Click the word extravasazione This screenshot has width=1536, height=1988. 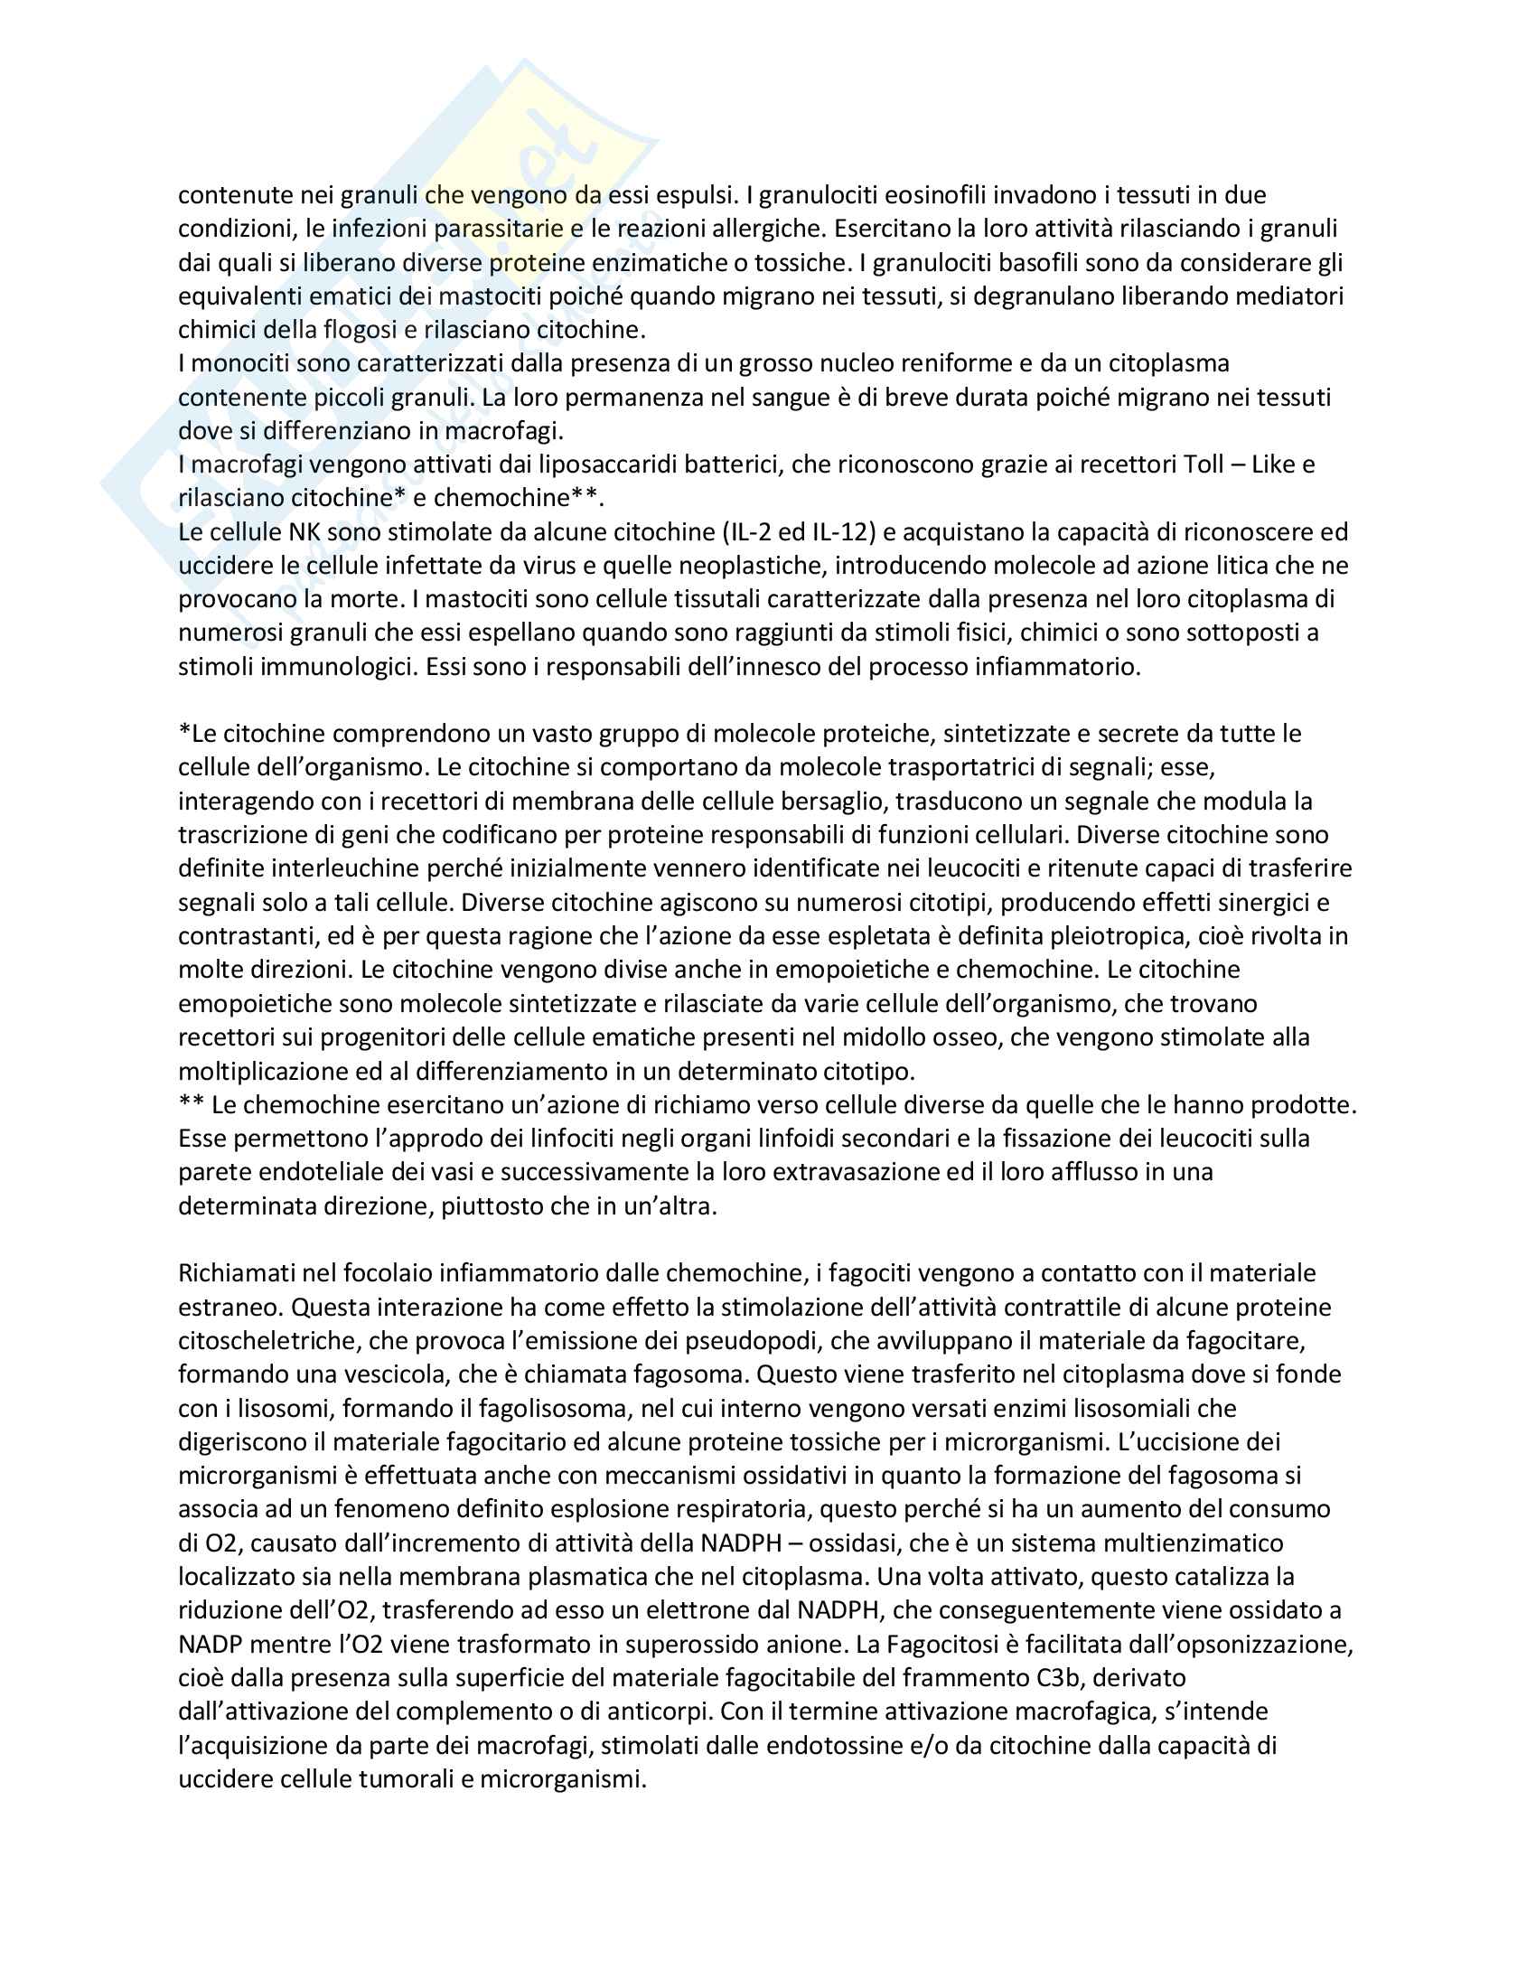pos(830,1171)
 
